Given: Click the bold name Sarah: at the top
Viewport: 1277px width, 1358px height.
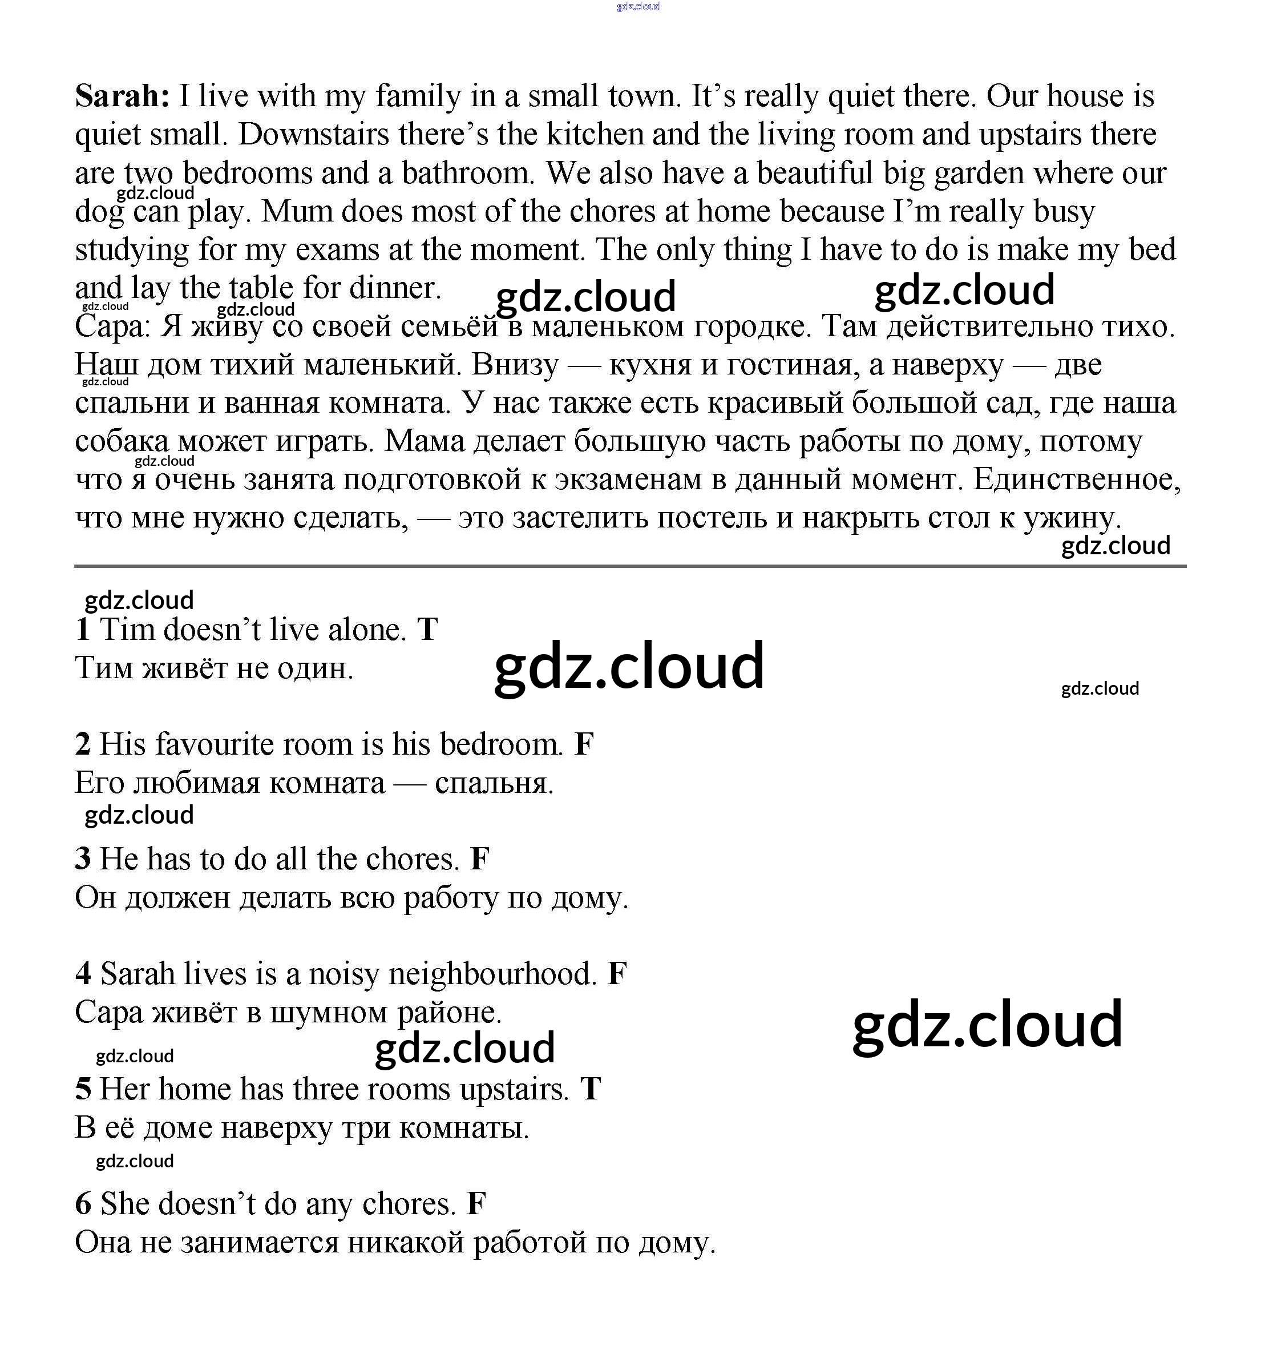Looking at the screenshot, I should coord(122,96).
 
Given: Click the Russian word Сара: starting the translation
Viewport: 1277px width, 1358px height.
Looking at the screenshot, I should coord(112,327).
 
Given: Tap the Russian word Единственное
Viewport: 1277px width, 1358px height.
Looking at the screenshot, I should coord(1077,479).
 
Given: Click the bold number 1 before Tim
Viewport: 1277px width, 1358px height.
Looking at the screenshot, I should coord(83,630).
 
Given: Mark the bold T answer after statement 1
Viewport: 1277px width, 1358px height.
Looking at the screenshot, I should coord(427,630).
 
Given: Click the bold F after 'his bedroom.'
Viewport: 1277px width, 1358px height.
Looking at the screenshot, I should coord(584,744).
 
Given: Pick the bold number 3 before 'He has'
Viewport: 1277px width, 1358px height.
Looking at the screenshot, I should coord(83,859).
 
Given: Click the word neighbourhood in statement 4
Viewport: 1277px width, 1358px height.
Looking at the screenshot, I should coord(492,974).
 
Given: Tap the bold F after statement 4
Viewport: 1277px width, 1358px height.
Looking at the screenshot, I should coord(617,974).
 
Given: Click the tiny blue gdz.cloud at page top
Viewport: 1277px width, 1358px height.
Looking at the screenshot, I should coord(638,6).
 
